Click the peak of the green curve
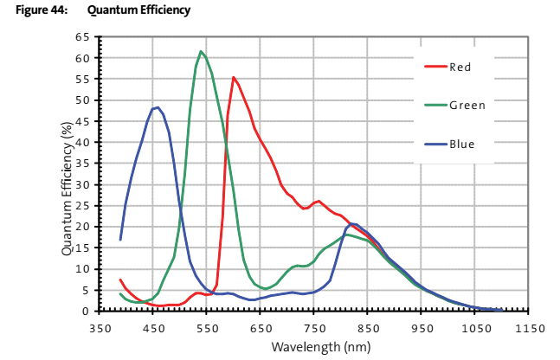201,51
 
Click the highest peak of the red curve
234,77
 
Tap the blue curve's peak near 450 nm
157,107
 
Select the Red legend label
460,67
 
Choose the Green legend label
467,106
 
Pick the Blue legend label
461,144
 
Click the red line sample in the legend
434,67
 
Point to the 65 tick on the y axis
83,37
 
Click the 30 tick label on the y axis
83,184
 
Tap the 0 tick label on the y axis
87,311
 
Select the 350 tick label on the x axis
101,328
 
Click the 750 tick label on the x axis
314,328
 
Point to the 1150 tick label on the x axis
528,328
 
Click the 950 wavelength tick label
422,328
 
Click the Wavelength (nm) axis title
314,347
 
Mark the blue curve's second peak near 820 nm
353,223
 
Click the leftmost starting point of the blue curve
120,240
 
